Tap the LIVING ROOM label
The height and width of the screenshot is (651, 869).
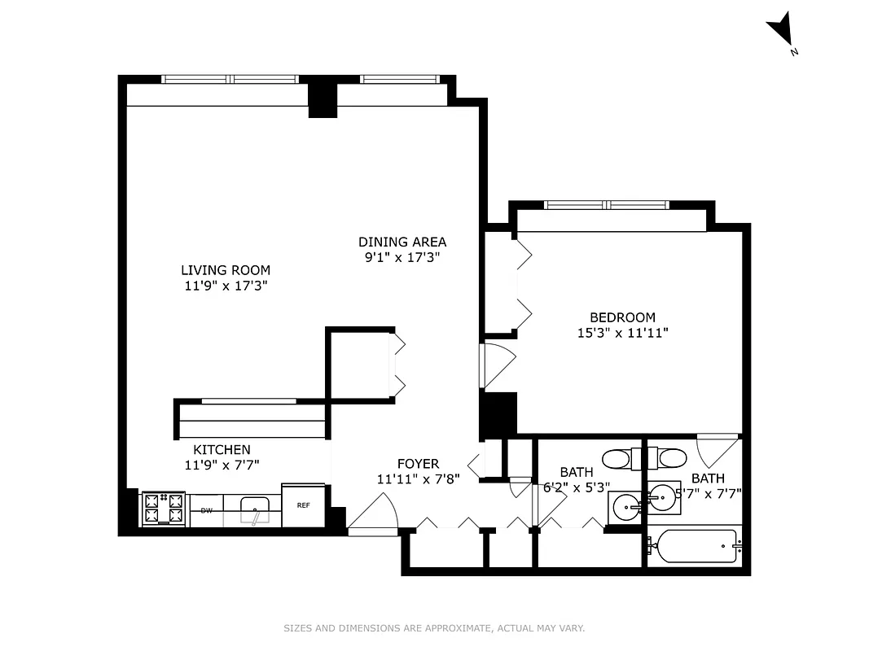(226, 270)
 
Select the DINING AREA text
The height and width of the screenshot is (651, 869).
(402, 242)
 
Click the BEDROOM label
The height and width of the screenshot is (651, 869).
(622, 317)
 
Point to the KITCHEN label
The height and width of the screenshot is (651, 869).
(222, 450)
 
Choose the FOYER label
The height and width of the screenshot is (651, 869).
(418, 464)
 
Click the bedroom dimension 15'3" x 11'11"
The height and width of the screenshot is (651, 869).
(622, 333)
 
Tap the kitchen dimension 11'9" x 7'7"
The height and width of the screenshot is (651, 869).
(222, 465)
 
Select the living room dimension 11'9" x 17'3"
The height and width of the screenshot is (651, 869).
(226, 286)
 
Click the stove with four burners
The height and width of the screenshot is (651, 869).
(163, 509)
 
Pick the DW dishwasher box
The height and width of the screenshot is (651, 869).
(207, 511)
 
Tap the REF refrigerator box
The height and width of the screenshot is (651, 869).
(303, 505)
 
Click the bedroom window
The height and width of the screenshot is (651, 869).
(606, 205)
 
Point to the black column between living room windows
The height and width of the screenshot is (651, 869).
(323, 96)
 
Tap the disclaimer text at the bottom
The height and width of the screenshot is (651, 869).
(434, 628)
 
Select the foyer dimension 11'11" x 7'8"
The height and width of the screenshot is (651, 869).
(418, 479)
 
